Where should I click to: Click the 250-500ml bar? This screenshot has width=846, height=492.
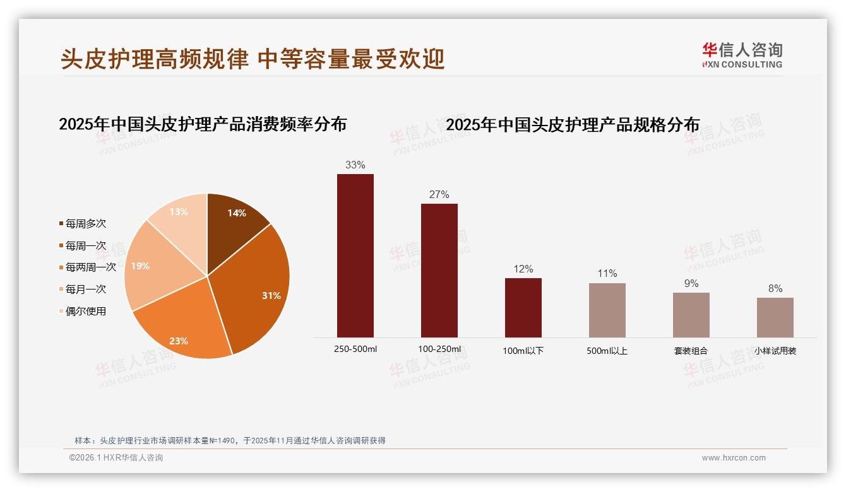click(355, 255)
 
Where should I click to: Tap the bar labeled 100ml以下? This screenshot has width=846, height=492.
click(523, 307)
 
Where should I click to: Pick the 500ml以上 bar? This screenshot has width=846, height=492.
click(607, 310)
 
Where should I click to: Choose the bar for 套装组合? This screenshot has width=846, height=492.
click(691, 315)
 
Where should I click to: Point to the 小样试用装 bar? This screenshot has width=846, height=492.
click(775, 317)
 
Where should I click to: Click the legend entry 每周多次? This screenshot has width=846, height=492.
click(85, 224)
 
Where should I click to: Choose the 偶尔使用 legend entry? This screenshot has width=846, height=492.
click(85, 311)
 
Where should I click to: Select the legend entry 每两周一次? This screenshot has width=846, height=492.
click(90, 267)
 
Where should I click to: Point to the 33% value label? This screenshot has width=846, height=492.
click(355, 165)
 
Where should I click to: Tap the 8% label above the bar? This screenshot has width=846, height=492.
click(775, 288)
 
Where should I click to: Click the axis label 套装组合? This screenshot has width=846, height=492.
click(691, 351)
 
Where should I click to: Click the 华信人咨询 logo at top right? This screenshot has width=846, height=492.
click(742, 55)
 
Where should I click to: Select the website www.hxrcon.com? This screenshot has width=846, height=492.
click(734, 458)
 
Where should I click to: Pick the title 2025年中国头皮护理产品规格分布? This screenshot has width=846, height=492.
click(573, 125)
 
